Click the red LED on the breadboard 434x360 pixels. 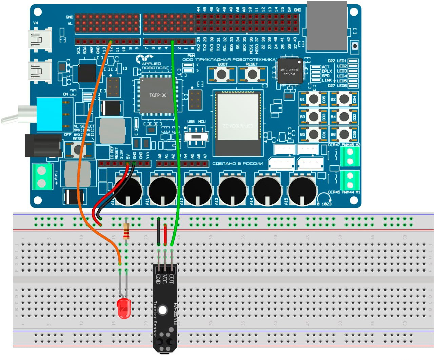tap(123, 308)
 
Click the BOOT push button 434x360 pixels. tap(222, 74)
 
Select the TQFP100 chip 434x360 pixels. tap(158, 95)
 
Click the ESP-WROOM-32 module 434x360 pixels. tap(238, 122)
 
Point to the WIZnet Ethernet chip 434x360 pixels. tap(290, 71)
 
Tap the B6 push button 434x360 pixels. tap(344, 134)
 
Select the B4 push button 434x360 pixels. tap(344, 117)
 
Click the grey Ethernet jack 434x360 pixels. tap(327, 25)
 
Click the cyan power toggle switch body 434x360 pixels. tap(50, 114)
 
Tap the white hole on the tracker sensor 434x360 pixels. tap(163, 310)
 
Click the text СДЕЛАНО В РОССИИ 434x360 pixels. tap(238, 164)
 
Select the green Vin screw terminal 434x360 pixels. tap(41, 176)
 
